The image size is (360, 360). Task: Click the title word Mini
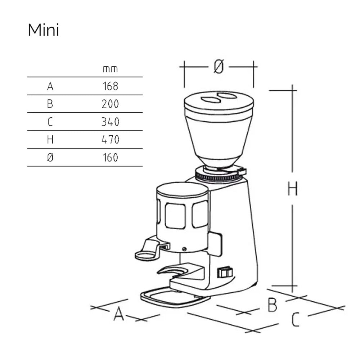pyautogui.click(x=44, y=30)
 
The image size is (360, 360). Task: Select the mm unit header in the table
pyautogui.click(x=110, y=69)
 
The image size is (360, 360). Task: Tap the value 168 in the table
pyautogui.click(x=111, y=86)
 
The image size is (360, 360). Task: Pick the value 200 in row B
pyautogui.click(x=110, y=104)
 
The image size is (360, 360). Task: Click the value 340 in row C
pyautogui.click(x=111, y=122)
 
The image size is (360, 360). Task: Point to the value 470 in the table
pyautogui.click(x=111, y=139)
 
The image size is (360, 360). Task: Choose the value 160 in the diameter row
pyautogui.click(x=111, y=157)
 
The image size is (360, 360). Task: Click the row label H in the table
pyautogui.click(x=50, y=139)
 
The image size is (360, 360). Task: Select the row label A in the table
pyautogui.click(x=50, y=86)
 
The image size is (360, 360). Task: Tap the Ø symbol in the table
pyautogui.click(x=50, y=157)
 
